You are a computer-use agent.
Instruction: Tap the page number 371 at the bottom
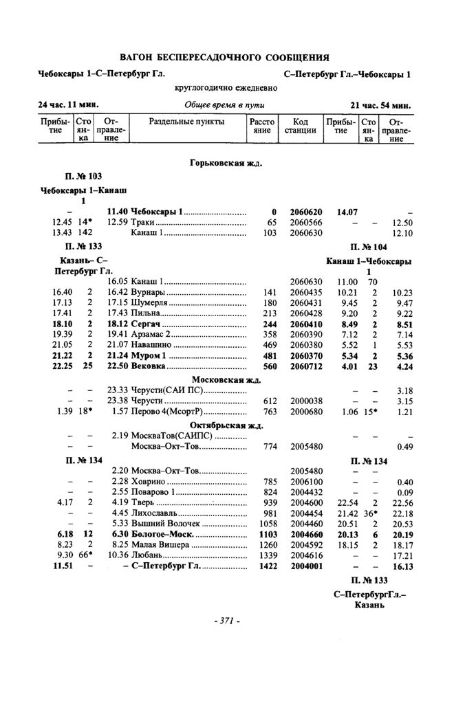click(x=226, y=621)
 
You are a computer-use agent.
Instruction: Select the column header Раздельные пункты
click(x=186, y=122)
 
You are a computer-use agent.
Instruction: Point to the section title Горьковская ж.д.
click(x=226, y=163)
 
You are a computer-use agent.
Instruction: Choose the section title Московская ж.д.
click(x=227, y=379)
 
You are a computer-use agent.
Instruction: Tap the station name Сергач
click(x=145, y=324)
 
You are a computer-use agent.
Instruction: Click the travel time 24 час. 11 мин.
click(x=68, y=105)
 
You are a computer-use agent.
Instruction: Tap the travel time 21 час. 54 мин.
click(x=380, y=105)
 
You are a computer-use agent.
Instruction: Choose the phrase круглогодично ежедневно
click(x=226, y=87)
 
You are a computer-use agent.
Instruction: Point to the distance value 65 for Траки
click(x=271, y=223)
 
